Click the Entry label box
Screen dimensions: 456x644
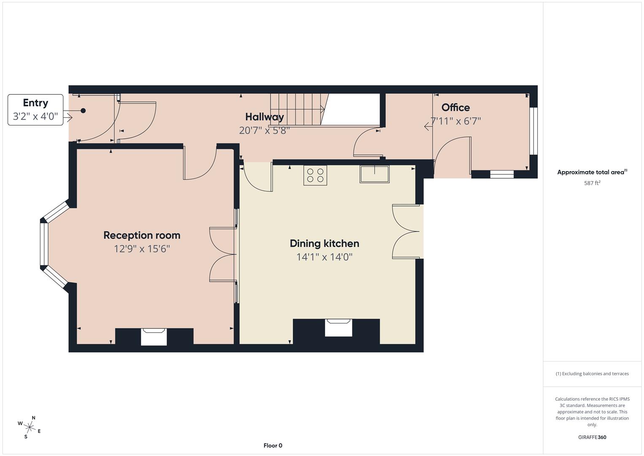[35, 110]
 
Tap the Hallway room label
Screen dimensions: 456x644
[264, 117]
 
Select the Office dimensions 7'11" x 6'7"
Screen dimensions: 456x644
[455, 121]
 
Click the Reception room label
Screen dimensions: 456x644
[142, 235]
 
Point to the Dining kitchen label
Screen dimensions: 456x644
[324, 243]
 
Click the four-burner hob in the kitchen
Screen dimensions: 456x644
[315, 175]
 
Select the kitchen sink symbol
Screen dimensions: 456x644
[375, 174]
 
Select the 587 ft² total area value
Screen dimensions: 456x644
[592, 183]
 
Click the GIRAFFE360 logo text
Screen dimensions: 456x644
[592, 437]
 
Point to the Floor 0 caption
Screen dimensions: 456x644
[273, 445]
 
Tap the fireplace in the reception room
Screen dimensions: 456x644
[154, 337]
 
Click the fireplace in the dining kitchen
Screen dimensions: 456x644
[338, 328]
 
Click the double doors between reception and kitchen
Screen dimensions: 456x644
[222, 254]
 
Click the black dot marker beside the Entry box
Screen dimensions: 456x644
[83, 111]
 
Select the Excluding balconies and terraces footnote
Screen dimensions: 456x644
[592, 374]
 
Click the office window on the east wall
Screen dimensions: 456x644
[534, 131]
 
